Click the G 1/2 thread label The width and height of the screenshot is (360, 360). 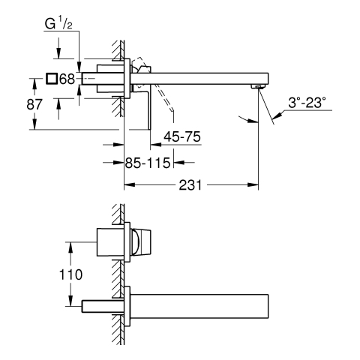click(x=58, y=24)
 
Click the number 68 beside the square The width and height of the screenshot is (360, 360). click(x=67, y=79)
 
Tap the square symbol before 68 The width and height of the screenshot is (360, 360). click(x=52, y=79)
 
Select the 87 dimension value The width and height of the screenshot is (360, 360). click(x=34, y=104)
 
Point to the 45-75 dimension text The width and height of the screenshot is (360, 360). click(x=182, y=136)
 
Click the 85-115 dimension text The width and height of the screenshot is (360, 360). click(x=148, y=163)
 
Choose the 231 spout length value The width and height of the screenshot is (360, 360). click(x=190, y=185)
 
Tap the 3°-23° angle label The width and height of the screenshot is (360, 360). click(x=307, y=103)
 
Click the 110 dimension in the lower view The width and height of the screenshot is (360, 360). click(x=70, y=274)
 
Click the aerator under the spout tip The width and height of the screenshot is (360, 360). click(x=258, y=87)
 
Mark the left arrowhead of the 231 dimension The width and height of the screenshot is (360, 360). click(x=130, y=185)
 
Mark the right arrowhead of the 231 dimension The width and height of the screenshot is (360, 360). click(x=253, y=185)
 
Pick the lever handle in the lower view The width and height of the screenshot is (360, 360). click(x=141, y=242)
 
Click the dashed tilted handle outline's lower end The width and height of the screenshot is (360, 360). click(x=172, y=109)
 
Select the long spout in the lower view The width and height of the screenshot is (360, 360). click(x=199, y=306)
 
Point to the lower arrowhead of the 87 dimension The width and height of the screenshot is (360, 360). click(x=34, y=124)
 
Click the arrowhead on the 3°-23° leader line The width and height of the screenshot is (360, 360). click(x=277, y=115)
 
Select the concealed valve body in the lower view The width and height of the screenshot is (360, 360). click(x=110, y=242)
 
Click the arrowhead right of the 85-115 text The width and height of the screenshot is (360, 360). click(x=179, y=163)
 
